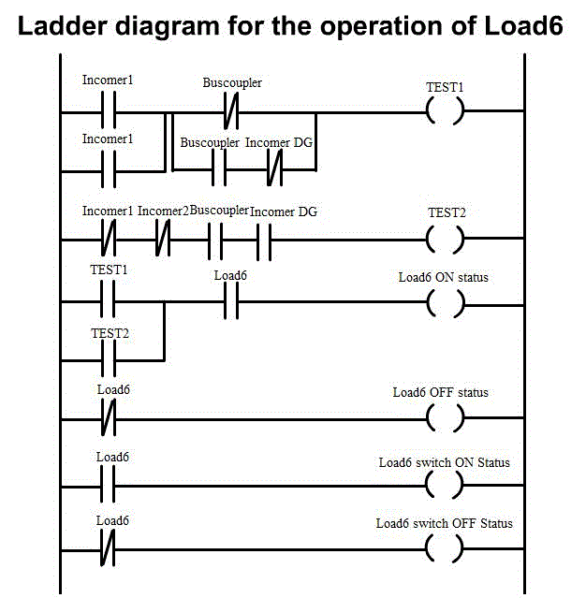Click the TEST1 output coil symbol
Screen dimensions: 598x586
[445, 112]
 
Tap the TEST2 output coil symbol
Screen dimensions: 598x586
[445, 240]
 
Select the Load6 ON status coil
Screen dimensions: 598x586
[445, 303]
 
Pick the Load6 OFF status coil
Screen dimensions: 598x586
[445, 419]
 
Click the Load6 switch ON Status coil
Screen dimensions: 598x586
[445, 486]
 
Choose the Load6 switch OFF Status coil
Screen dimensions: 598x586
[445, 549]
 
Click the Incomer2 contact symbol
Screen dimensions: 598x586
[164, 240]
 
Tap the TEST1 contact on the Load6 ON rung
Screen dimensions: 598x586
[107, 303]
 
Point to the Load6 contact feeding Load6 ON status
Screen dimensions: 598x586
[230, 303]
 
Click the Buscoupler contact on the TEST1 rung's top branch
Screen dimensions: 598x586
[230, 112]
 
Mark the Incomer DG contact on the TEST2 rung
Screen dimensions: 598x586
[265, 240]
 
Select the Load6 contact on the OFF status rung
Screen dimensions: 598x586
[107, 419]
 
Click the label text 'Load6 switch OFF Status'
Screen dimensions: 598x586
[444, 523]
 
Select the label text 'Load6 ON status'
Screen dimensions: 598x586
[443, 277]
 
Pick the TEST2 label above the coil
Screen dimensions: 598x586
[446, 212]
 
